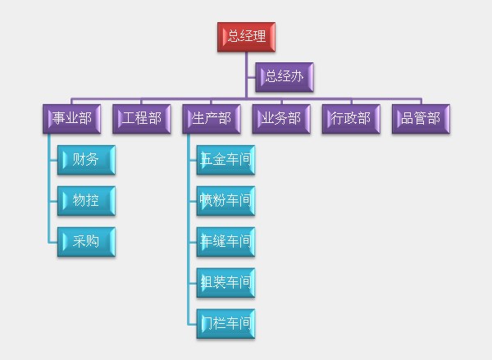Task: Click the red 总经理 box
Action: point(246,37)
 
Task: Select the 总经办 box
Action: point(285,77)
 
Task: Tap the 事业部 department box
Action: point(72,119)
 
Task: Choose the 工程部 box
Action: point(142,119)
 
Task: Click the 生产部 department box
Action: point(212,119)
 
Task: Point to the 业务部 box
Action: point(281,119)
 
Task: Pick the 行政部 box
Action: point(351,119)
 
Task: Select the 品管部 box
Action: point(421,119)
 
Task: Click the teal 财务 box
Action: point(86,160)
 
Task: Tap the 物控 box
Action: point(86,201)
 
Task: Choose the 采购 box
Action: point(86,242)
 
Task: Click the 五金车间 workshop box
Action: point(226,160)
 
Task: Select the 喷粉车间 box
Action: point(226,201)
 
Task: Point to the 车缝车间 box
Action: point(226,242)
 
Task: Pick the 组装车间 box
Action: point(226,283)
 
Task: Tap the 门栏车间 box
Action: point(226,324)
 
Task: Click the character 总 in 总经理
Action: point(234,36)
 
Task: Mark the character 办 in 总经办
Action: point(297,76)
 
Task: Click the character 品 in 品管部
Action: point(408,118)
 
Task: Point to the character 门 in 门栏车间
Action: point(207,323)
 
